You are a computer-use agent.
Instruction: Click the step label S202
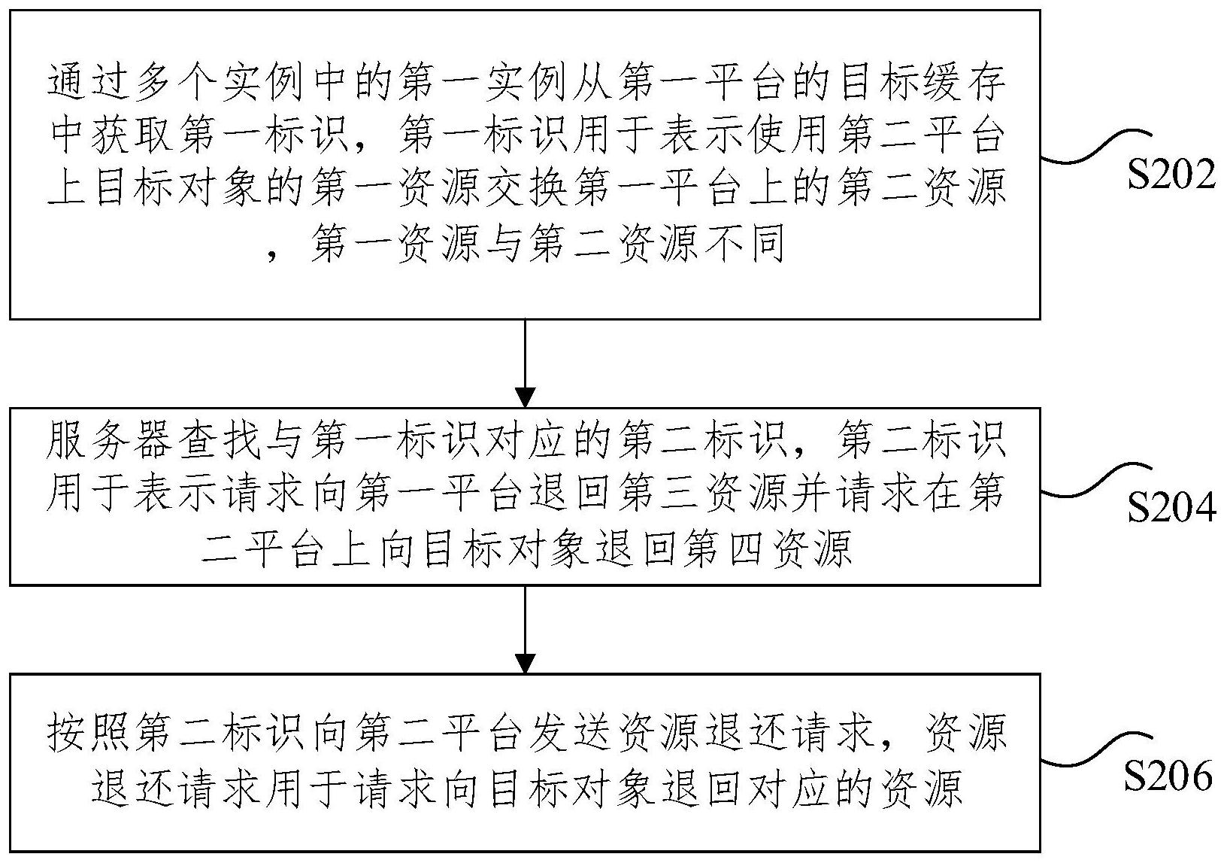pos(1171,175)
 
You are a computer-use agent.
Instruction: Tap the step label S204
pos(1171,509)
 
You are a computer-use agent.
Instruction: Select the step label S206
pos(1169,775)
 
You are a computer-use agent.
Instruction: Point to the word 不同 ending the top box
pos(749,244)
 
